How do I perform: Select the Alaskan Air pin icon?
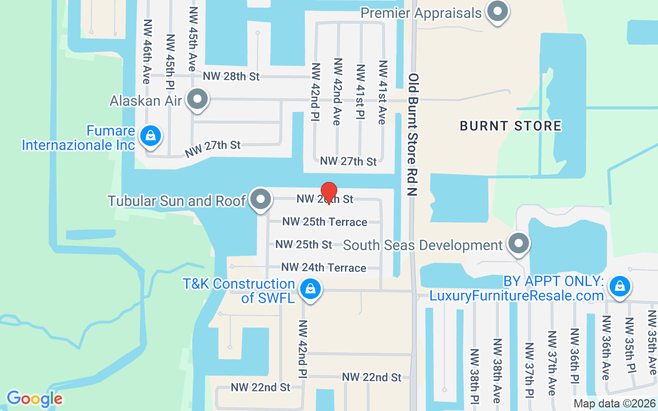tap(197, 100)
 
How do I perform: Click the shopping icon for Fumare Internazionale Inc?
tap(150, 136)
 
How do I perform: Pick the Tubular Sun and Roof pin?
tap(261, 200)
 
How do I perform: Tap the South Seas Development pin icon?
tap(518, 244)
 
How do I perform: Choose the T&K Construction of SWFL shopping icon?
tap(310, 289)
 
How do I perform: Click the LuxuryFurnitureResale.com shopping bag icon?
tap(619, 286)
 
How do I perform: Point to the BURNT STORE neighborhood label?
tap(510, 126)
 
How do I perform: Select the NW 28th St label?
tap(231, 76)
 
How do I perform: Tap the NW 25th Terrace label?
tap(325, 222)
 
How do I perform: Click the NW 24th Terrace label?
tap(324, 268)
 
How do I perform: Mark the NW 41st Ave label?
tap(382, 92)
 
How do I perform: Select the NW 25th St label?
tap(304, 245)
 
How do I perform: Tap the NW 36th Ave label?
tap(606, 354)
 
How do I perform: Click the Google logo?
tap(34, 399)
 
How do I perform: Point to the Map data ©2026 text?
tap(615, 404)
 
